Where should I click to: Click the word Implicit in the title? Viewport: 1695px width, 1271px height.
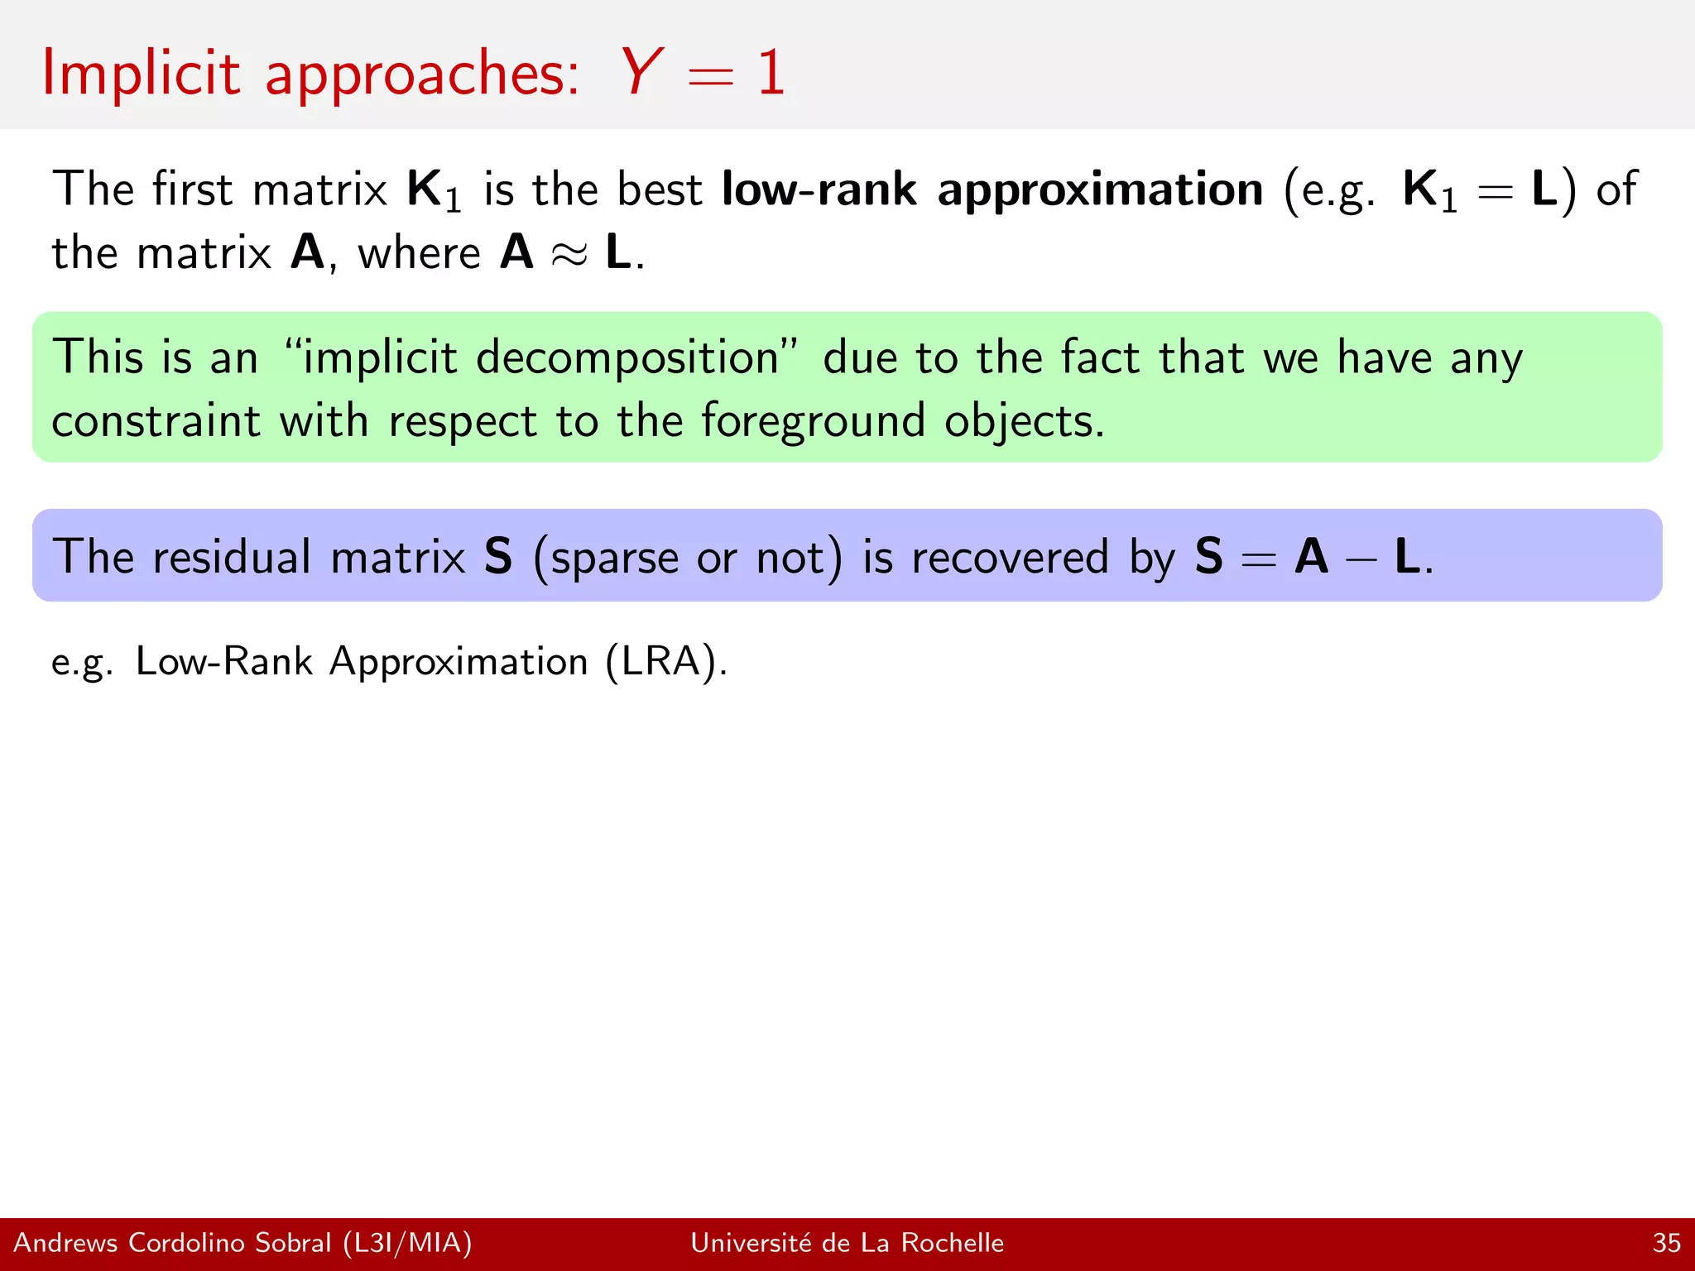click(x=141, y=73)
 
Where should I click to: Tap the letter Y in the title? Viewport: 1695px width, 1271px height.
click(x=641, y=73)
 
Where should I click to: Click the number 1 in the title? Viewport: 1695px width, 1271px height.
click(x=771, y=73)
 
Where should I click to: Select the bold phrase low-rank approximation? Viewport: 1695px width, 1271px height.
click(x=992, y=189)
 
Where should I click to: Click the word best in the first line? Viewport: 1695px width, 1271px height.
click(x=659, y=189)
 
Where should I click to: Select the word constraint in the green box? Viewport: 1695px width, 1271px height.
click(x=156, y=421)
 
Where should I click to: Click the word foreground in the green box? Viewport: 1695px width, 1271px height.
click(x=813, y=421)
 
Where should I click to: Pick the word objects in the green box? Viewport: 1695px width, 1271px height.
click(x=1023, y=421)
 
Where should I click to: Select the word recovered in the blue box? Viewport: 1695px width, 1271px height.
click(x=1010, y=556)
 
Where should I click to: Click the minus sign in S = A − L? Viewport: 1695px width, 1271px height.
click(x=1361, y=558)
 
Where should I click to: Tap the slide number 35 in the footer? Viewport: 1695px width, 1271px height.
click(x=1666, y=1243)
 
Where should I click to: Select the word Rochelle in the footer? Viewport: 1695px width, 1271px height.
click(x=952, y=1243)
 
